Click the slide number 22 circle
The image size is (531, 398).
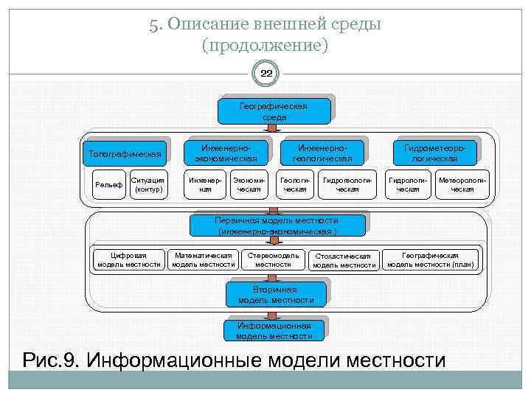[265, 74]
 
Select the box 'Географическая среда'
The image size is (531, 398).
[274, 111]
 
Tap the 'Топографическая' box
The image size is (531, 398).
[125, 154]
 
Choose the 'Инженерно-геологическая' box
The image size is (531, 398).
[322, 152]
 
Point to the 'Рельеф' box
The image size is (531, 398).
[108, 184]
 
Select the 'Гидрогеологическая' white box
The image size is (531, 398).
[347, 184]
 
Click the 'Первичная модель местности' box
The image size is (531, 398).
[277, 225]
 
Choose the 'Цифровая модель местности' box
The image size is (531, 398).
[129, 259]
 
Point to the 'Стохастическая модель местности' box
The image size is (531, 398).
[344, 260]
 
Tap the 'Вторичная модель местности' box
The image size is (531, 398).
[275, 294]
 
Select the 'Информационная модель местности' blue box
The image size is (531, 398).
[274, 330]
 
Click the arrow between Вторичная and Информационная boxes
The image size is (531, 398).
[274, 313]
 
